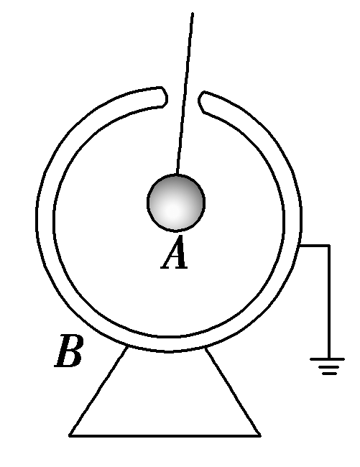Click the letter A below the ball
coord(175,254)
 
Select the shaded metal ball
coord(176,203)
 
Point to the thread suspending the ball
coord(185,93)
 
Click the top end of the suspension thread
coord(193,14)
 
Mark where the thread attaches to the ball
coord(177,175)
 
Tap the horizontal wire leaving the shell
coord(315,246)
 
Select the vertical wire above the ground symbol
coord(329,302)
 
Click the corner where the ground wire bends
coord(329,246)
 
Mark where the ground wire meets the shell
coord(302,246)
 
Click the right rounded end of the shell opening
coord(203,102)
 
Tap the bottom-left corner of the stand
coord(70,435)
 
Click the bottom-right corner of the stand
coord(259,435)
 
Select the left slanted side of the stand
coord(98,392)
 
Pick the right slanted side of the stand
coord(232,392)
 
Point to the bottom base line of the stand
coord(165,435)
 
